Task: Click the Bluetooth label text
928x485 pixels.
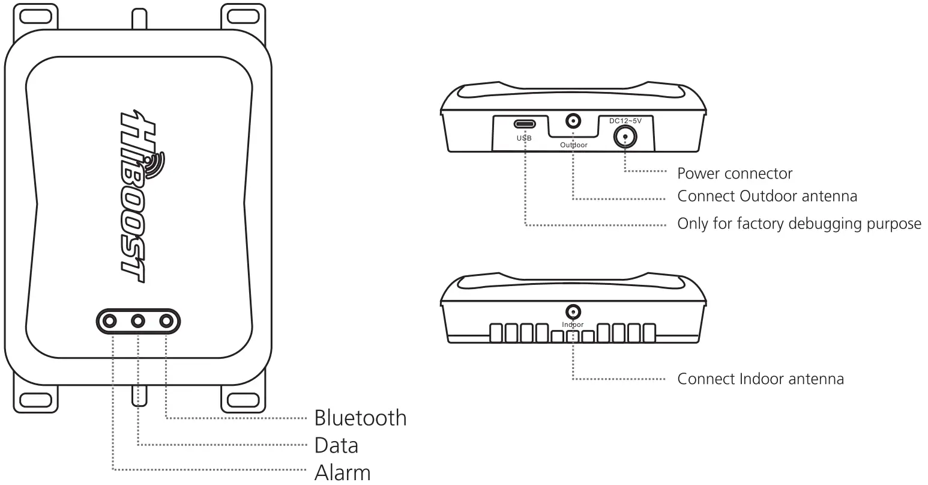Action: pos(360,418)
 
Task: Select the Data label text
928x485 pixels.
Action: pos(336,445)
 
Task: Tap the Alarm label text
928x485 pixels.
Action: pos(342,472)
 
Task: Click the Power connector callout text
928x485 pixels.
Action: pos(735,174)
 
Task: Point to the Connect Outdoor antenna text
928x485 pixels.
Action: pos(767,197)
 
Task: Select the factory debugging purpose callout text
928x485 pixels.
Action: pos(799,224)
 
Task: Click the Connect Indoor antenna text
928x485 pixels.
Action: pos(761,379)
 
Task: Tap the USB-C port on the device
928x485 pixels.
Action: pos(523,124)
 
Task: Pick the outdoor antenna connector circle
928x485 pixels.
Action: pos(574,122)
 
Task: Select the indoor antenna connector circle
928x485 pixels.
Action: pos(573,312)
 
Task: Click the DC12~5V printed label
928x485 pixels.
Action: pos(625,121)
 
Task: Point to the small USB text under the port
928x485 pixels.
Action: pos(523,138)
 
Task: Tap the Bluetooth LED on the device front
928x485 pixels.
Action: pos(166,322)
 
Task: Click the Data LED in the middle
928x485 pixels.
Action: pos(139,322)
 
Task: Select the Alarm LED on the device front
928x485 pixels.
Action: pos(110,322)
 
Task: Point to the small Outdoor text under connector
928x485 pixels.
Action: pos(574,145)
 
